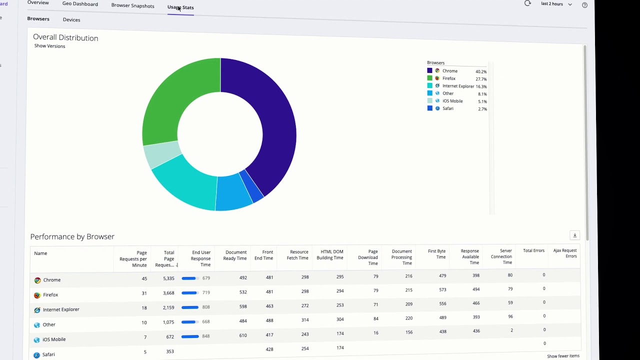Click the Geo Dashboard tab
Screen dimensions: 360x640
(80, 4)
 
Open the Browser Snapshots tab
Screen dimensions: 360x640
(132, 6)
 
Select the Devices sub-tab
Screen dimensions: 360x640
(71, 20)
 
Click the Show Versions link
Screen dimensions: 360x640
(49, 46)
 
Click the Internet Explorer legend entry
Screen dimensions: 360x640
(458, 86)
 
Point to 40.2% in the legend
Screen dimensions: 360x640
(481, 71)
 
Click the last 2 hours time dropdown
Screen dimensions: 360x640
(556, 4)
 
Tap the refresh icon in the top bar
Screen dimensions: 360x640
(527, 3)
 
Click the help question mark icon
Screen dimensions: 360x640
(584, 5)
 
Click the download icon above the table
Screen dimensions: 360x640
(574, 235)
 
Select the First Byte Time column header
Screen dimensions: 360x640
(436, 254)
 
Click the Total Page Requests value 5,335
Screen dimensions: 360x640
(168, 278)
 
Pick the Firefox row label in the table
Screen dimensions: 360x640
(50, 295)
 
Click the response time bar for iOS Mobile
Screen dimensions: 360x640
(190, 336)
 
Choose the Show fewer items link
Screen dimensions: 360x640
(563, 356)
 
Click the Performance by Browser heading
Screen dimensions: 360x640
(72, 236)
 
